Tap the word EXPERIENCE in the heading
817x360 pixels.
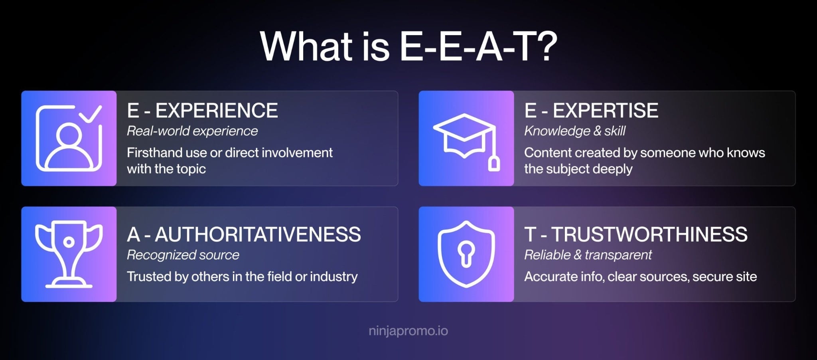(x=216, y=111)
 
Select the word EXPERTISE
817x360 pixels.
(x=605, y=111)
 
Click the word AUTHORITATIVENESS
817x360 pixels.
(x=258, y=234)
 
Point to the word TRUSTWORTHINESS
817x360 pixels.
(x=649, y=234)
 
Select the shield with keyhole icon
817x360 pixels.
(x=466, y=254)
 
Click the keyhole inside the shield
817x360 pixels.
(x=466, y=253)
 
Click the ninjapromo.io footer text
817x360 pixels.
(x=408, y=331)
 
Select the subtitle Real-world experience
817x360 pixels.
(x=192, y=131)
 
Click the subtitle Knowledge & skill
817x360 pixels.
(x=574, y=131)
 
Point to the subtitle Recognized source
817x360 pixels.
(x=183, y=255)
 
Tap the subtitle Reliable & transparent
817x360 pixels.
(x=588, y=255)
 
